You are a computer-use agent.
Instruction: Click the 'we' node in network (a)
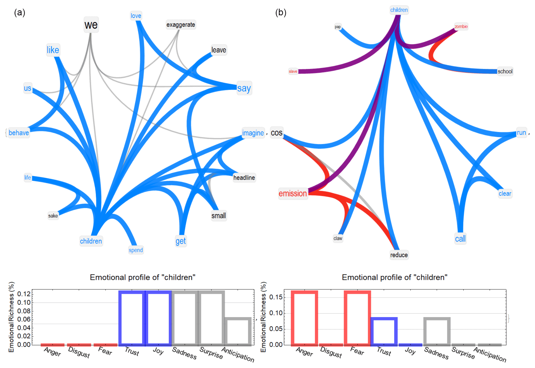point(91,25)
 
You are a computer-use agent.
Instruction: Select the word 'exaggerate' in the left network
point(181,25)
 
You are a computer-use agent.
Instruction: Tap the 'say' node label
point(244,88)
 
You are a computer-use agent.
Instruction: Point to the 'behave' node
point(19,133)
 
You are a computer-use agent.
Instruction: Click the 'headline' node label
point(244,178)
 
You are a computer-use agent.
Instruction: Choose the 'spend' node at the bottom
point(136,250)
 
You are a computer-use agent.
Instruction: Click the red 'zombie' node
point(461,27)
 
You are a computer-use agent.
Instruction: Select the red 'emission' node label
point(293,193)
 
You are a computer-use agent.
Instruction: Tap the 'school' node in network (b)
point(505,71)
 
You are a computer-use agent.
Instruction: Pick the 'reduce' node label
point(399,255)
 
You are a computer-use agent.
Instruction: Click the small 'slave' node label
point(293,71)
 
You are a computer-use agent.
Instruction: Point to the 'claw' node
point(338,238)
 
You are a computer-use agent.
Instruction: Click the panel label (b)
point(281,12)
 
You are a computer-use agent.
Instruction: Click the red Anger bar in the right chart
point(304,318)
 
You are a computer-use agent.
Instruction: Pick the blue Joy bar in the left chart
point(158,318)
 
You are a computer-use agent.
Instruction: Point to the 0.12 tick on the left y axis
point(24,294)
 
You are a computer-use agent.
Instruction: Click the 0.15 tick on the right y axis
point(276,297)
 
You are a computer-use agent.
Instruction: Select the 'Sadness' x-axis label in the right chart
point(436,353)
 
